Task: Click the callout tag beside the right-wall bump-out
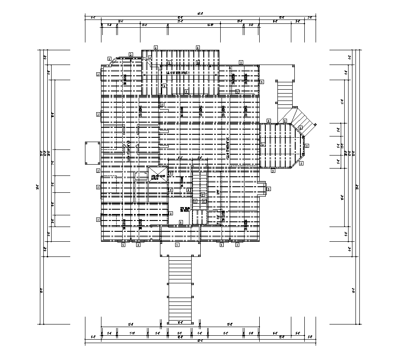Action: pos(269,189)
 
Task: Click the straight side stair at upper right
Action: pos(285,94)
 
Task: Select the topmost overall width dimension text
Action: pos(200,13)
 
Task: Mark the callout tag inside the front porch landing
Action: pos(177,245)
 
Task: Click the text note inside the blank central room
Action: pos(185,210)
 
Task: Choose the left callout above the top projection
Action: pos(156,47)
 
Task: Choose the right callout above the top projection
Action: pos(198,47)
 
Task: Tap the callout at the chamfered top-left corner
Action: pos(109,58)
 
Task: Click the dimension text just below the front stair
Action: pos(179,322)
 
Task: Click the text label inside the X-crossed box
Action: pos(157,177)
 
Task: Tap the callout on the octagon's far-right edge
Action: pos(307,146)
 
